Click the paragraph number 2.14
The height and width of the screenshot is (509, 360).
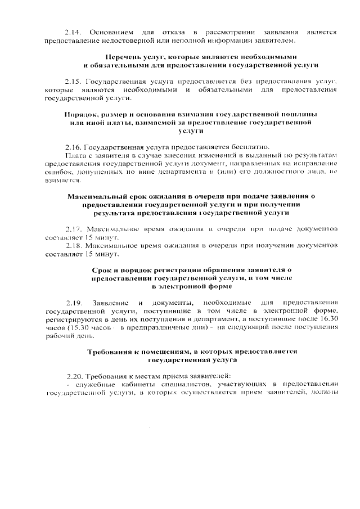(73, 32)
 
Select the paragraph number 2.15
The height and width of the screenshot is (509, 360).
(73, 81)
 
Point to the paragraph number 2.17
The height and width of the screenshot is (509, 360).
(74, 229)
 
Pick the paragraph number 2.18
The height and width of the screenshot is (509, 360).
(74, 246)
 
